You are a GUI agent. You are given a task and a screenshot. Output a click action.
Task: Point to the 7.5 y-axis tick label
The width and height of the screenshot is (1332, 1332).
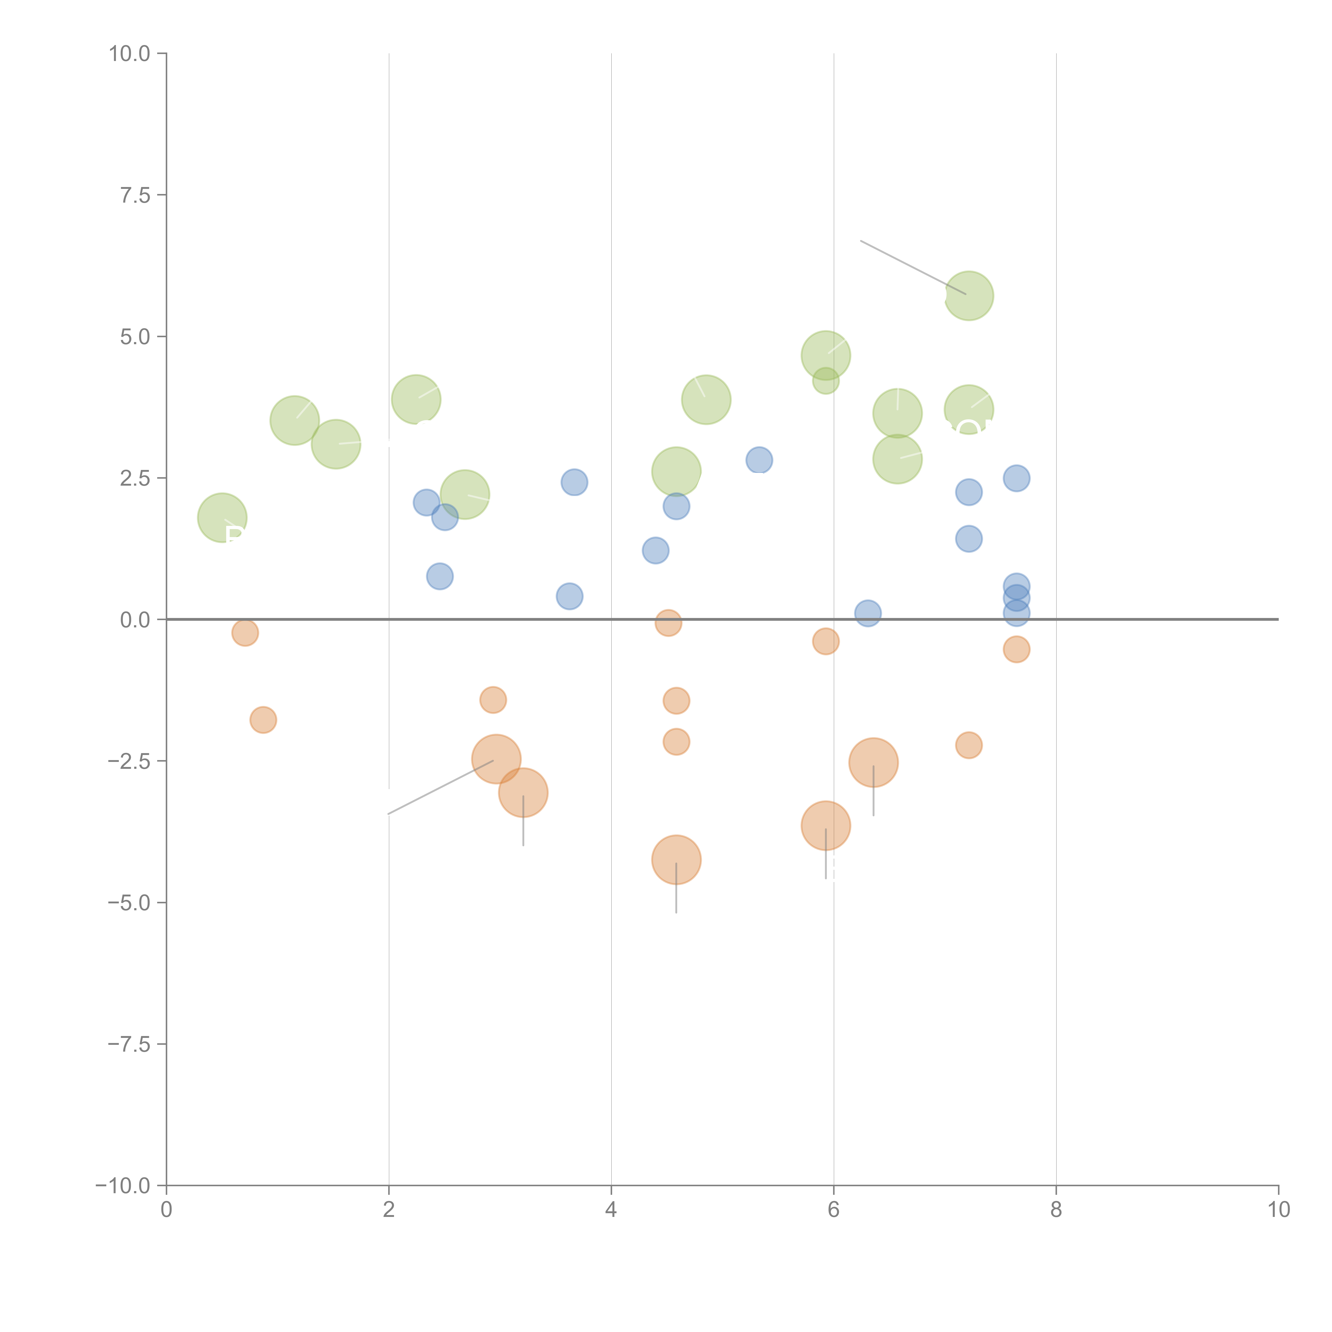(x=135, y=195)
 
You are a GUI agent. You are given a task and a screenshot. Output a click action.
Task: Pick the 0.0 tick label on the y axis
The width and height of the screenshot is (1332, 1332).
(x=135, y=620)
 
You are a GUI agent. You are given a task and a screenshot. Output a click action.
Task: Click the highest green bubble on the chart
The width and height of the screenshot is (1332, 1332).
(x=969, y=296)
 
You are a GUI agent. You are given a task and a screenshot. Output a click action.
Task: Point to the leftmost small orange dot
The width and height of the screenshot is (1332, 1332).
(x=245, y=632)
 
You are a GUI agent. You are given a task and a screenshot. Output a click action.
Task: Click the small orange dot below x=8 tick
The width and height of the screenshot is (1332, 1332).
(x=1016, y=649)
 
